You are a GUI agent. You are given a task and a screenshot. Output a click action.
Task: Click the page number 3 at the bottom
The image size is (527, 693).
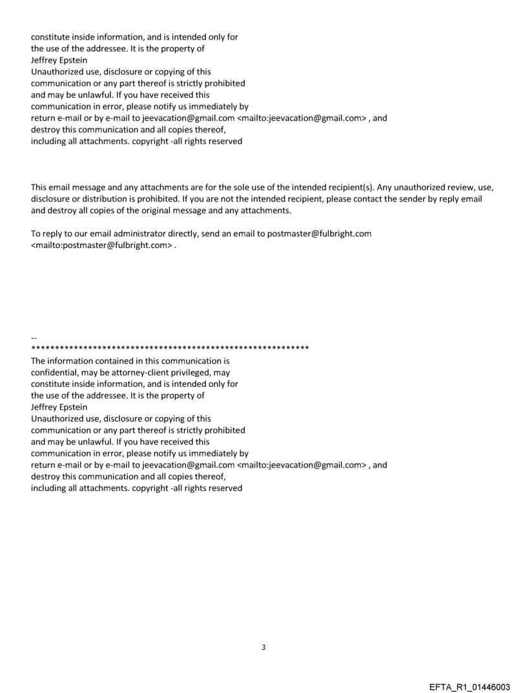click(263, 647)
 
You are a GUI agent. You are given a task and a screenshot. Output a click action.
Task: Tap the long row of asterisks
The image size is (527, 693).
click(170, 349)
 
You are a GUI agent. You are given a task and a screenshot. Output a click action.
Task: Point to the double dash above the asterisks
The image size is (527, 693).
click(34, 338)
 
